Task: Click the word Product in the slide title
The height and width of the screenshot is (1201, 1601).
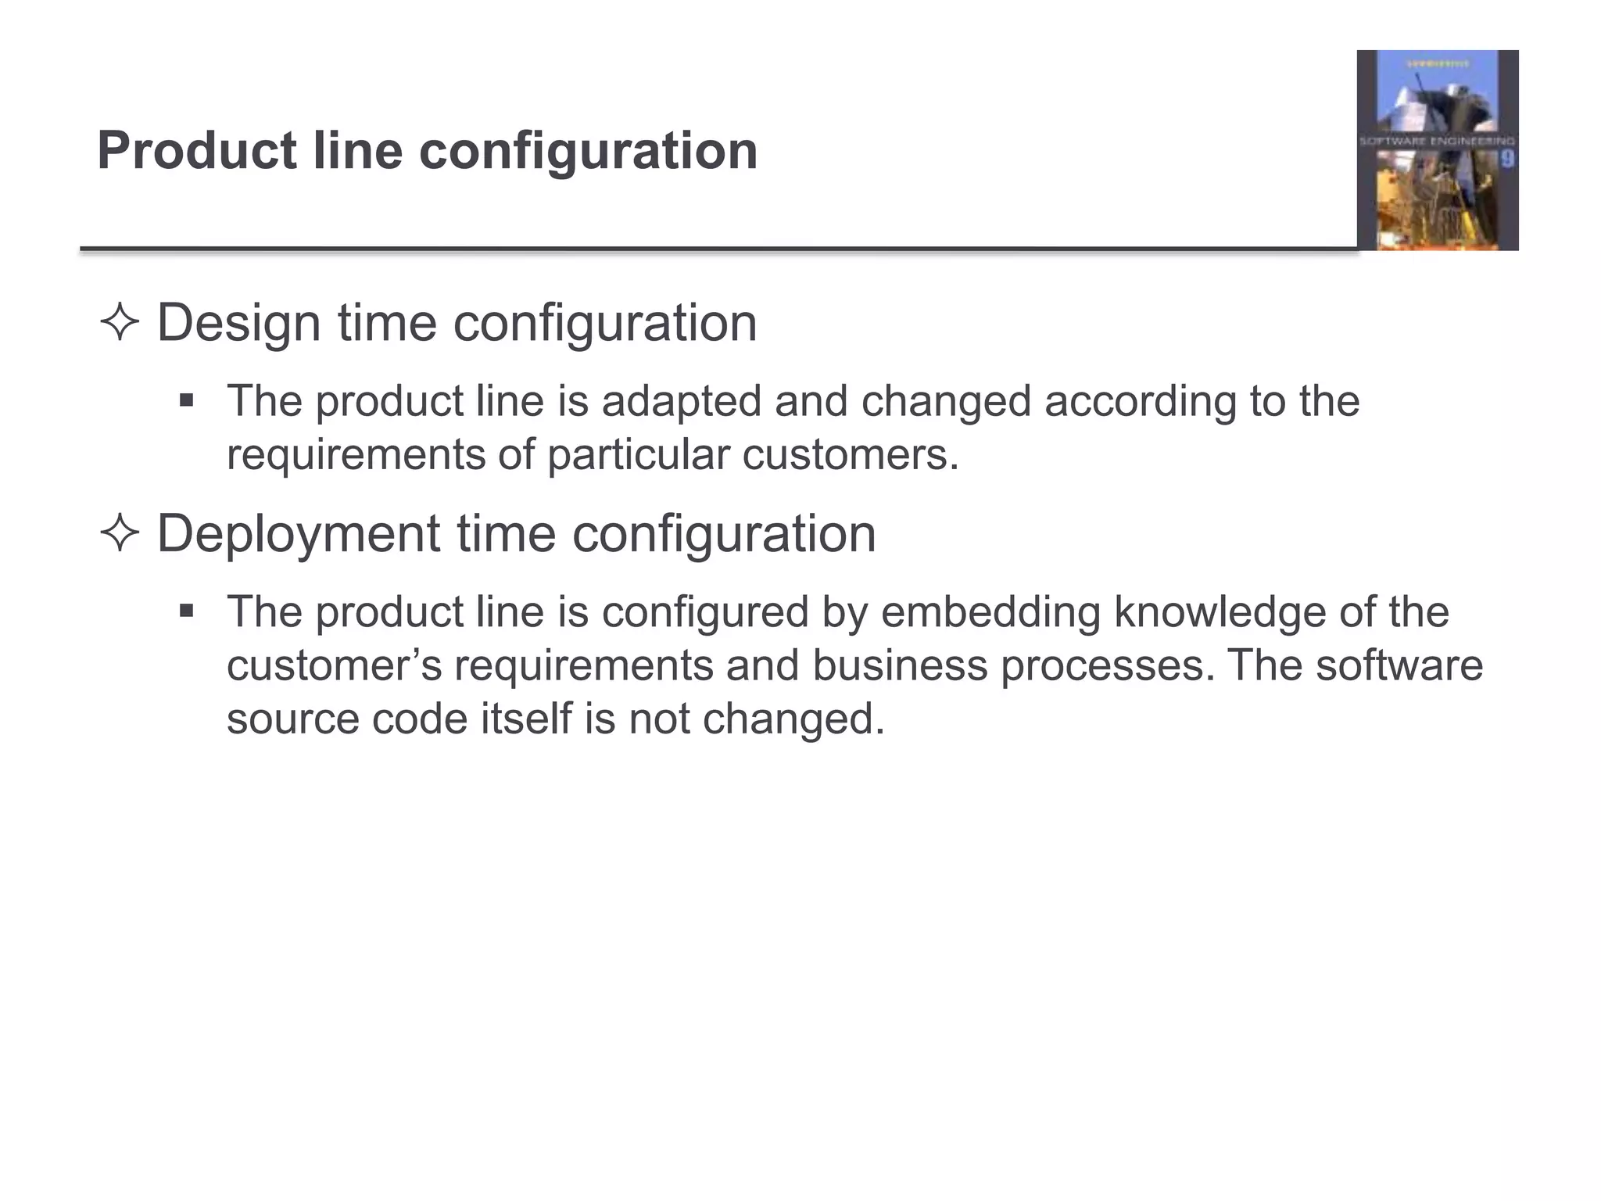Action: tap(196, 150)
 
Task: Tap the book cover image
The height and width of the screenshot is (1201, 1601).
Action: tap(1437, 150)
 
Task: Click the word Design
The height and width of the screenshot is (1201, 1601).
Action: tap(238, 323)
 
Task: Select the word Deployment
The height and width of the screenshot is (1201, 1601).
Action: tap(298, 534)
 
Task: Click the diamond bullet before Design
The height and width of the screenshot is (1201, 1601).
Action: tap(120, 323)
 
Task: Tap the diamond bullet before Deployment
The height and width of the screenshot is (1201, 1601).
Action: tap(120, 534)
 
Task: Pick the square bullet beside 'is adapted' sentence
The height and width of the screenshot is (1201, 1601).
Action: tap(186, 402)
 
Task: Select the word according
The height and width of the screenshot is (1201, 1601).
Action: tap(1140, 402)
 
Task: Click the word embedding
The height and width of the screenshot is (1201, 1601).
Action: tap(990, 611)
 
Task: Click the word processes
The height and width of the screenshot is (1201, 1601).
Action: tap(1108, 665)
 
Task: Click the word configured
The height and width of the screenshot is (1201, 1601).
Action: tap(705, 611)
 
